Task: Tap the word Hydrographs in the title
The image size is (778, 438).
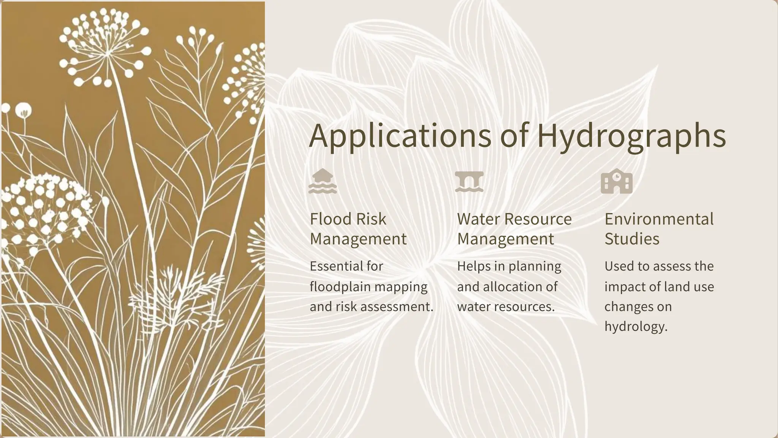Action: click(x=631, y=136)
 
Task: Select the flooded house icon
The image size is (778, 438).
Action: click(x=323, y=181)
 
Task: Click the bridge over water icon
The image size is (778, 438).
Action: click(x=469, y=182)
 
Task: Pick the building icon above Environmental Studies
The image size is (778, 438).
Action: click(x=617, y=181)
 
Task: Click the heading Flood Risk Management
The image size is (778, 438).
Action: click(x=358, y=229)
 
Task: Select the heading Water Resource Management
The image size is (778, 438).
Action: click(x=514, y=229)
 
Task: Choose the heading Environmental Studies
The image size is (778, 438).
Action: click(x=659, y=229)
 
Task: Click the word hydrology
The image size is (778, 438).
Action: click(x=636, y=327)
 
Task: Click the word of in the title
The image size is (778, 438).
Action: click(x=514, y=136)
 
